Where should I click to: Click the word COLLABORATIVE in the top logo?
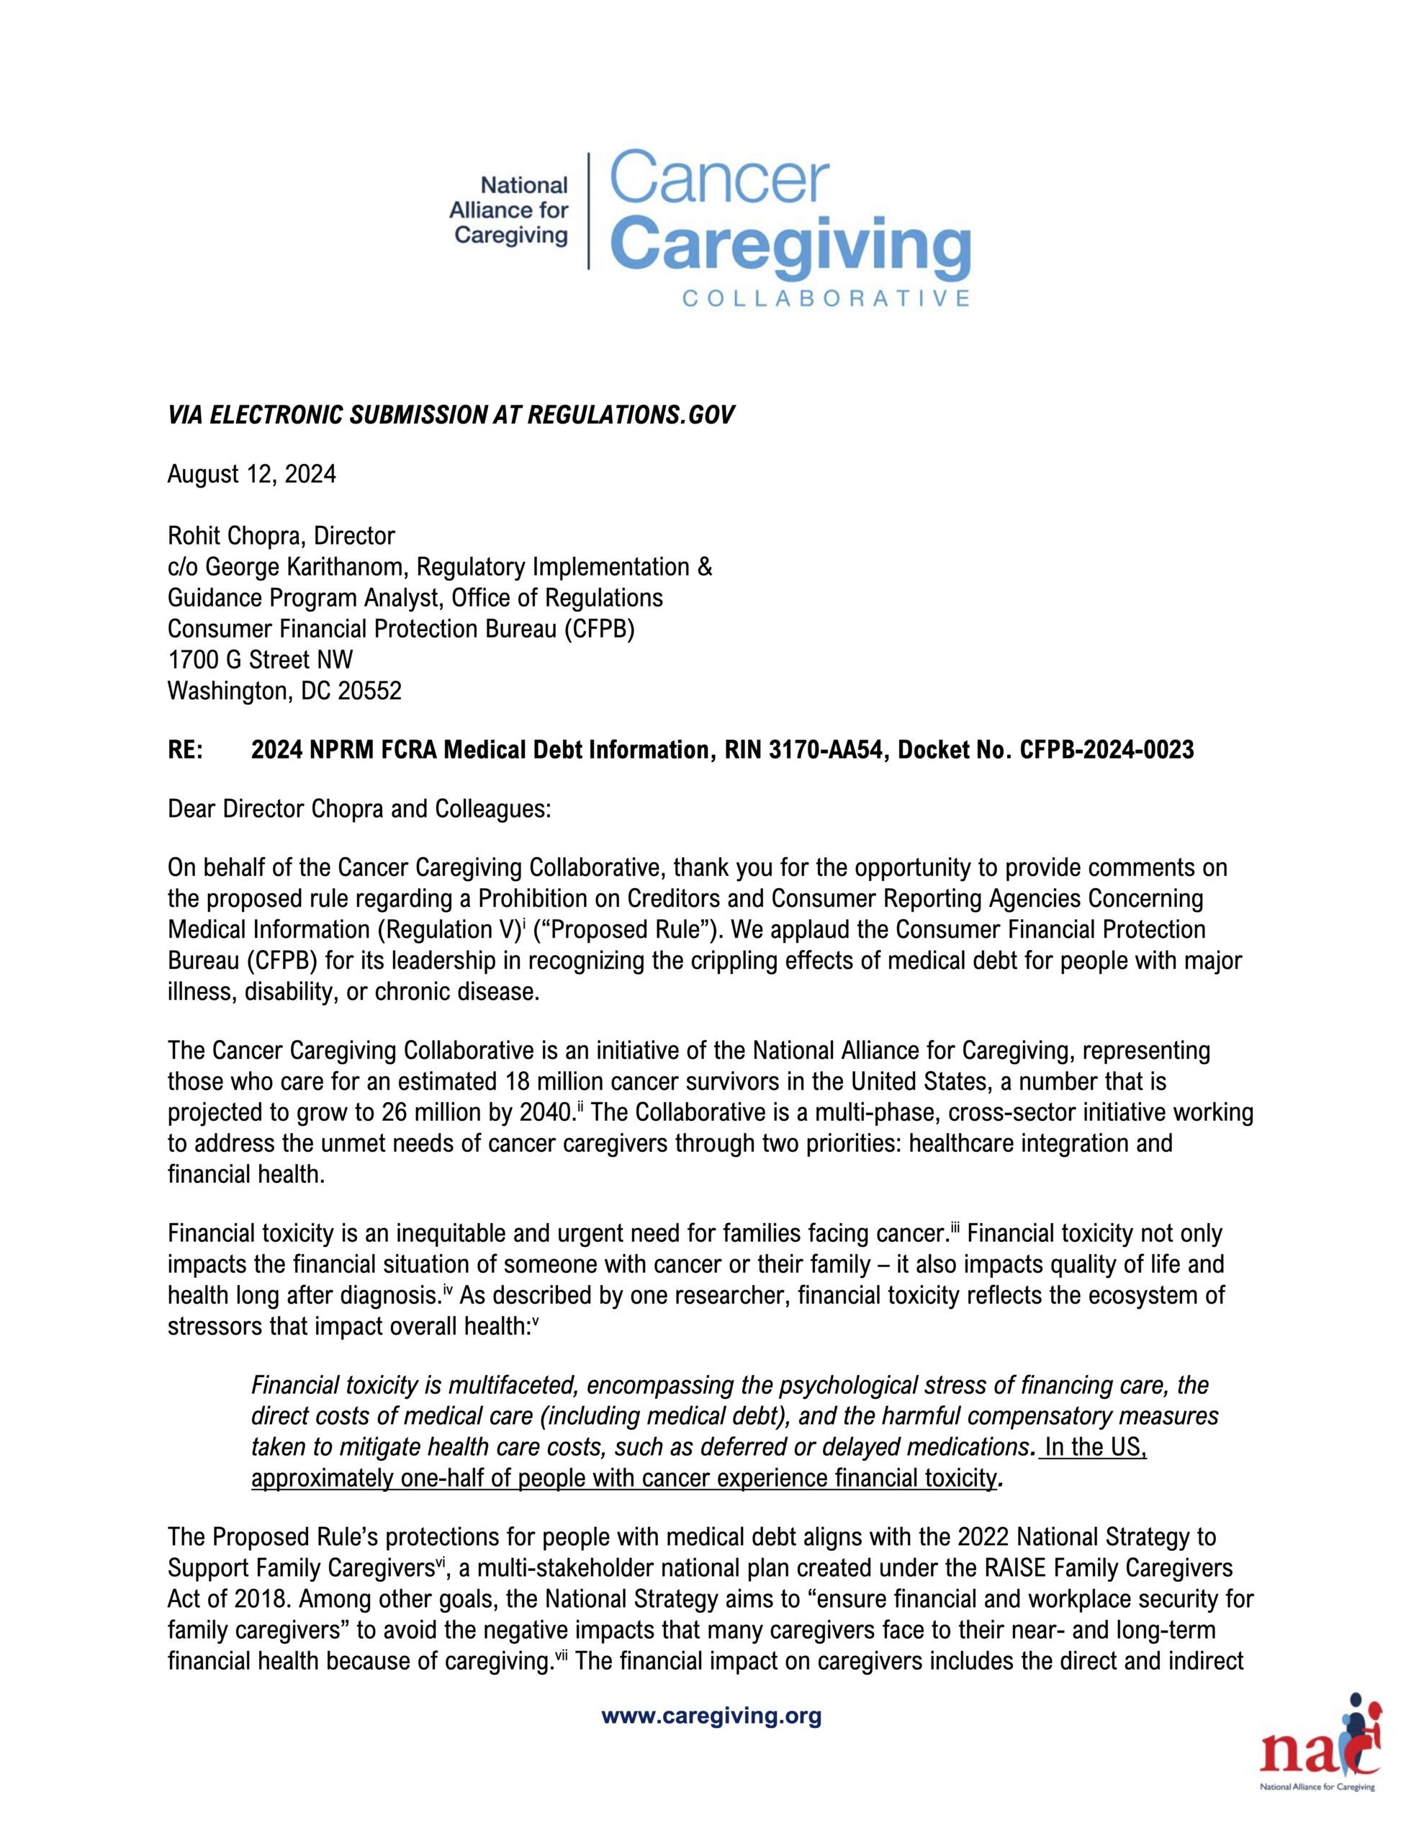(x=825, y=299)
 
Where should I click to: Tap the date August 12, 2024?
(x=251, y=475)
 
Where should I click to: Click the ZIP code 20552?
(x=370, y=691)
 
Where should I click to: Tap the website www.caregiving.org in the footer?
(x=711, y=1717)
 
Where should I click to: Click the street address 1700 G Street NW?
(x=260, y=661)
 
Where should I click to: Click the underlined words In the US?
(x=1095, y=1447)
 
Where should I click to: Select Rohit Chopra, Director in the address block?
(x=281, y=536)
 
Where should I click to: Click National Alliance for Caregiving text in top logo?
(x=510, y=210)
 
